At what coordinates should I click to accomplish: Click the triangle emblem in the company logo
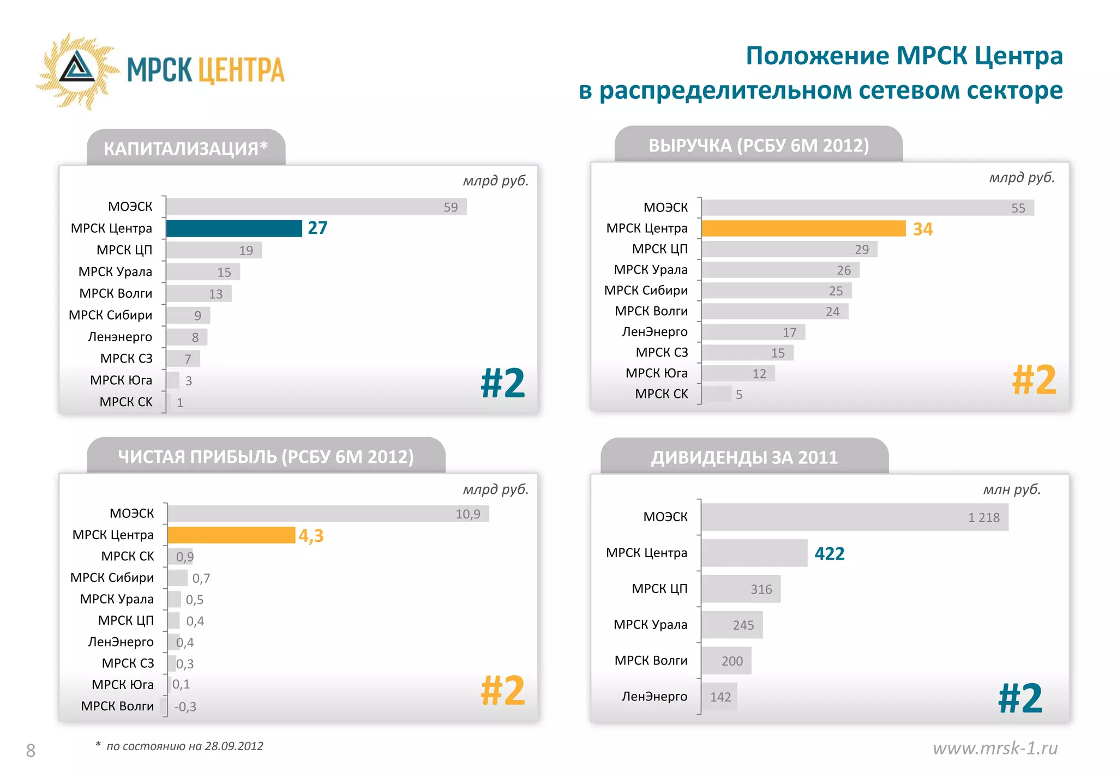click(77, 68)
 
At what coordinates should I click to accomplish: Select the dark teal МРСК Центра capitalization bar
click(234, 228)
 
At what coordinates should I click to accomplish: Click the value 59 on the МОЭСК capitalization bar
click(451, 207)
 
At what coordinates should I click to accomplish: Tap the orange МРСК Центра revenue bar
click(803, 228)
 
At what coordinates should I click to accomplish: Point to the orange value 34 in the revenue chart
click(923, 229)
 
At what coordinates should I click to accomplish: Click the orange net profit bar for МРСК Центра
click(231, 535)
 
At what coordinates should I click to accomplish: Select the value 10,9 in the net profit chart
click(468, 514)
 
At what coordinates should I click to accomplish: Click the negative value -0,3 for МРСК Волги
click(185, 707)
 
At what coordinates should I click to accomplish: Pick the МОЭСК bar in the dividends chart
click(855, 517)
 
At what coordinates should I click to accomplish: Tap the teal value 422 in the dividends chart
click(829, 554)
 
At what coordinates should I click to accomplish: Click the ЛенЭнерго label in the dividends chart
click(654, 697)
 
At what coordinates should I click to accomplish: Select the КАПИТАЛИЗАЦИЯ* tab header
click(185, 148)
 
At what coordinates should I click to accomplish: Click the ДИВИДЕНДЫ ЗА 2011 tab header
click(744, 457)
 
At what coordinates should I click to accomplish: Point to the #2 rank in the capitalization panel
click(502, 383)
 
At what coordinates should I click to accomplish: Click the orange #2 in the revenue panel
click(1034, 380)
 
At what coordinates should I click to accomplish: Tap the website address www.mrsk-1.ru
click(995, 748)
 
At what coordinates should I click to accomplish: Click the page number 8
click(31, 751)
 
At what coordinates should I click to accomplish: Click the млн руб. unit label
click(1012, 490)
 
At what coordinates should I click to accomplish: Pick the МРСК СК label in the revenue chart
click(662, 394)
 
